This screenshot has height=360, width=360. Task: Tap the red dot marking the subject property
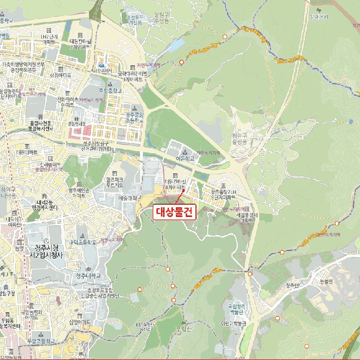point(183,191)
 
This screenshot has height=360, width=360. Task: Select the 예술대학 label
point(127,198)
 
